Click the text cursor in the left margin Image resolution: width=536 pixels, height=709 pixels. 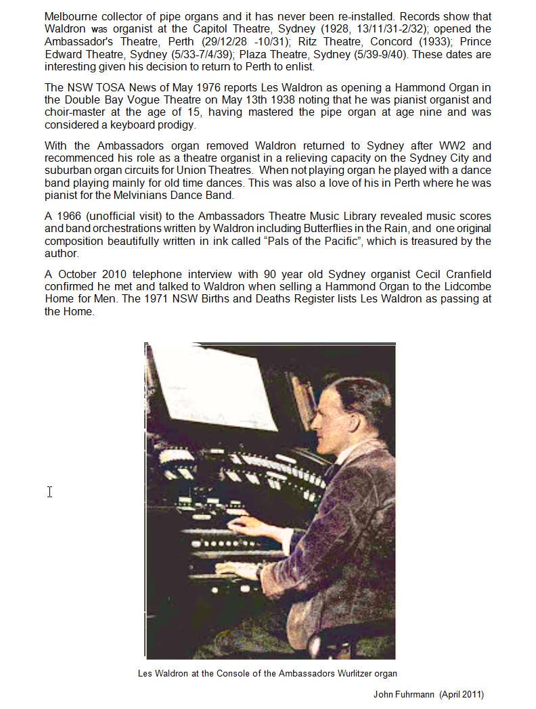[x=49, y=491]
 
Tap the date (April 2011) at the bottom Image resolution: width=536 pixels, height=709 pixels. [x=462, y=694]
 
